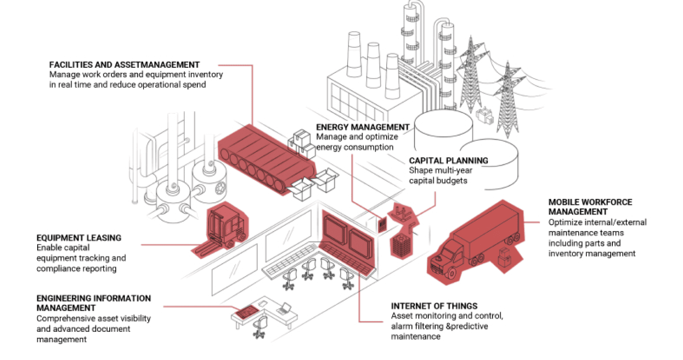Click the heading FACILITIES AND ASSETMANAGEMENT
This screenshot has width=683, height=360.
pos(125,64)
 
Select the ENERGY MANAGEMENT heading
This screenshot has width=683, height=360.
pos(363,127)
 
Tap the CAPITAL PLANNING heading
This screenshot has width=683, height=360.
pos(448,160)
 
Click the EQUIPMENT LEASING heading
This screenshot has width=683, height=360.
pos(79,238)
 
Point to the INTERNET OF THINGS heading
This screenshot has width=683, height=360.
pos(434,306)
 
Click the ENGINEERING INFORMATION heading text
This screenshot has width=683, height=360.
pos(94,298)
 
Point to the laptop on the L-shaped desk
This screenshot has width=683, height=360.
pos(284,309)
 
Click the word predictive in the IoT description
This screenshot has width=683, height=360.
pos(468,326)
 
